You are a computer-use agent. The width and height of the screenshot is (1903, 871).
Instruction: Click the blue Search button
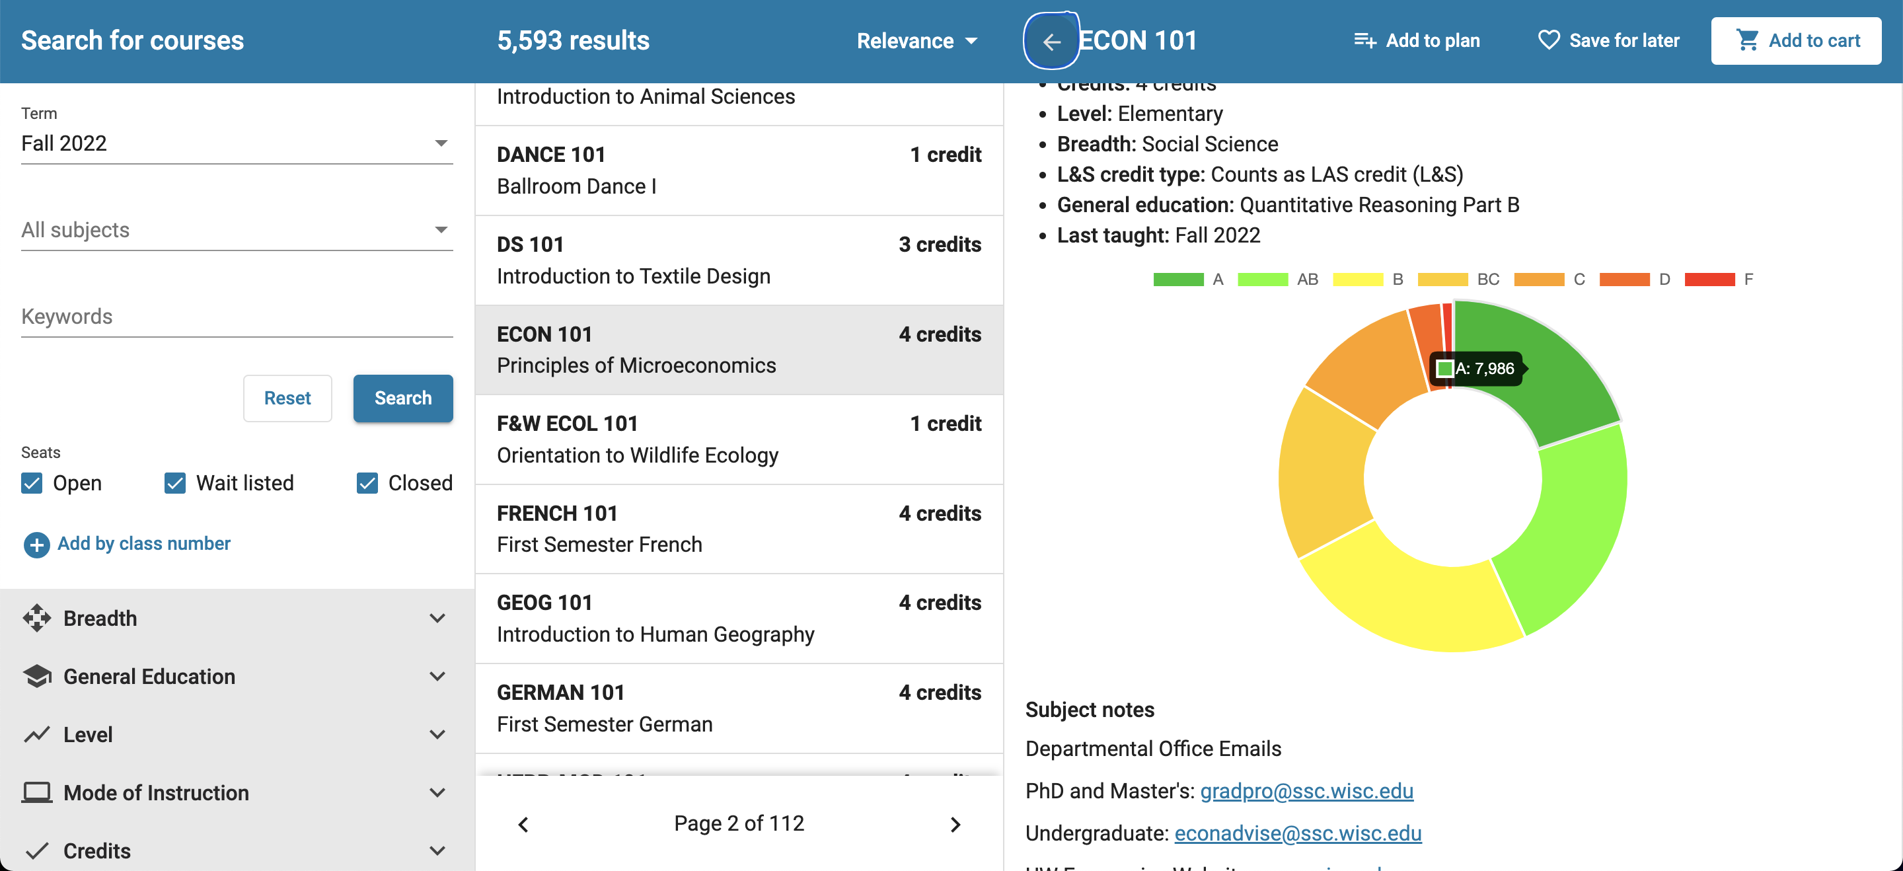click(402, 398)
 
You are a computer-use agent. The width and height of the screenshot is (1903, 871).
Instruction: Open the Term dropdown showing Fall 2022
click(237, 143)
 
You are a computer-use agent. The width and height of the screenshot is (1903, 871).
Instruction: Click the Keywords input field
click(237, 317)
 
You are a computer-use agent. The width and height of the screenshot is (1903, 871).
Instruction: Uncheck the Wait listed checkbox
click(175, 483)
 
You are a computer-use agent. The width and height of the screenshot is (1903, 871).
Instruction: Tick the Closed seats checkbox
click(367, 483)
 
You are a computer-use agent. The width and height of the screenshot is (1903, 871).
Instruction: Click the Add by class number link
click(143, 544)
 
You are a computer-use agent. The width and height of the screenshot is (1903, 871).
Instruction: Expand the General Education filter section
click(237, 677)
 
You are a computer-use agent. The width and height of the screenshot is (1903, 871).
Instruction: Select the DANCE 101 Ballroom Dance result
click(739, 170)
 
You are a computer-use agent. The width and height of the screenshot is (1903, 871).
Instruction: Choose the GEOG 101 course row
click(739, 619)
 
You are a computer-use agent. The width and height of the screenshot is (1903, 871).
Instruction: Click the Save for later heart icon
click(1548, 40)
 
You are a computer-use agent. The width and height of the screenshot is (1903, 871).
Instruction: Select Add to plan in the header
click(1417, 40)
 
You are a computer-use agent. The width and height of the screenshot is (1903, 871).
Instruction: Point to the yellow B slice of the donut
click(1407, 598)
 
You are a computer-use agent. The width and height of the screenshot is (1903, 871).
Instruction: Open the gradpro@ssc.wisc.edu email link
click(1306, 791)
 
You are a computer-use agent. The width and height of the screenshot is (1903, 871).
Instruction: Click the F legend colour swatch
click(1709, 280)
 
